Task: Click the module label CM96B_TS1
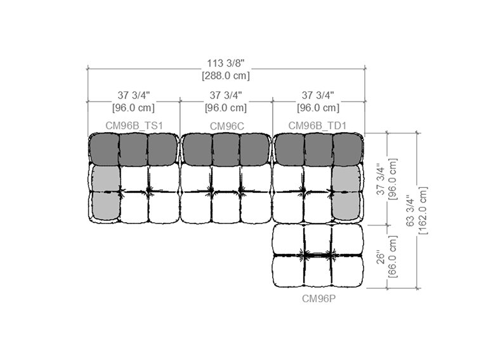pos(134,126)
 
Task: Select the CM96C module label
pos(227,126)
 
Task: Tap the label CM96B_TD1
pos(317,126)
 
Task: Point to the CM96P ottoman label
pos(319,298)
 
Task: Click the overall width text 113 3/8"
pos(226,63)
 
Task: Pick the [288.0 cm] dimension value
pos(226,76)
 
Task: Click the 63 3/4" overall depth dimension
pos(410,211)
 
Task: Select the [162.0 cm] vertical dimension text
pos(423,211)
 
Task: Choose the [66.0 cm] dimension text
pos(392,257)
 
